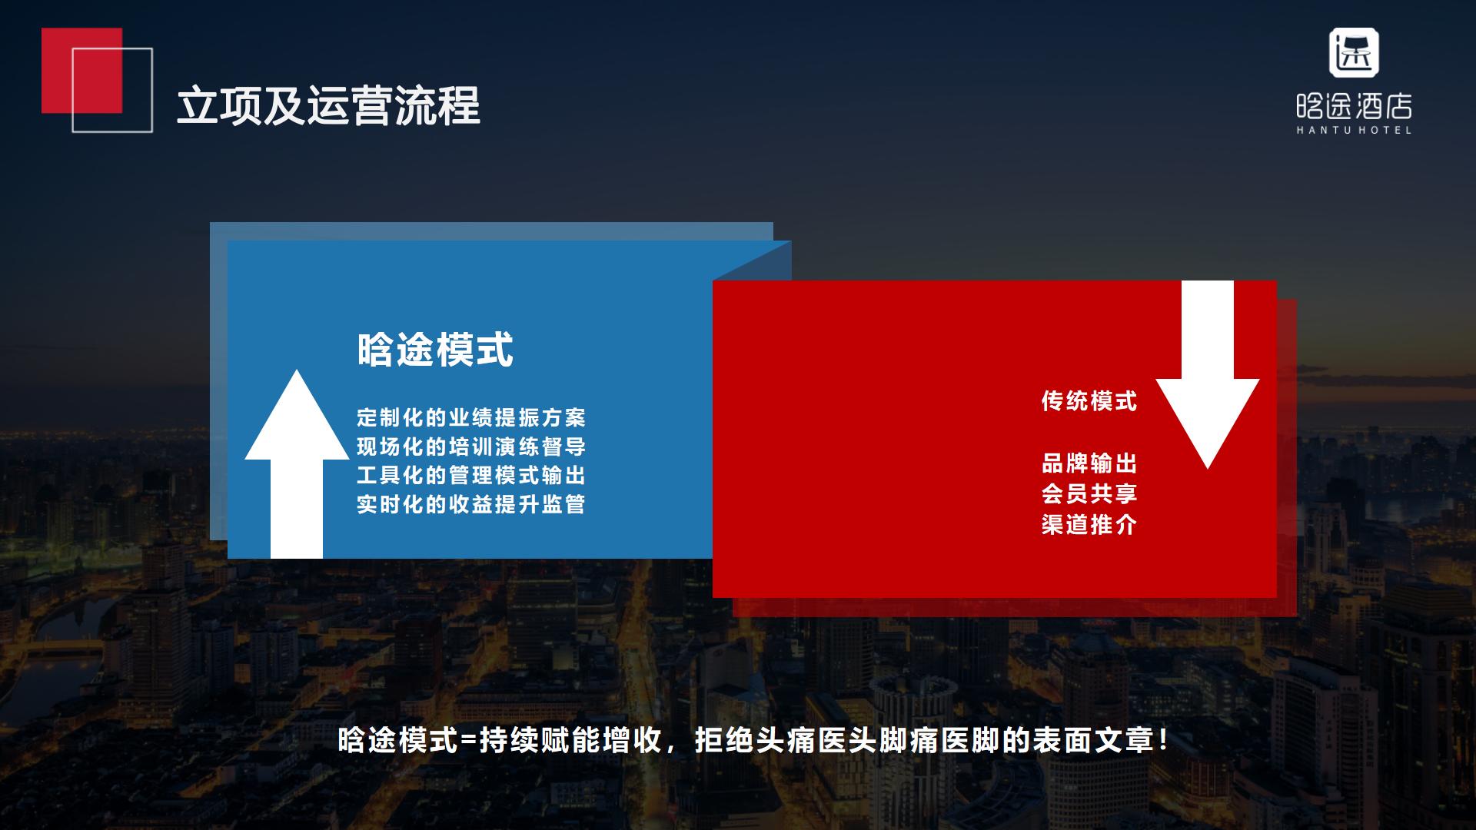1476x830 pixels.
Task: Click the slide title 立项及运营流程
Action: tap(328, 105)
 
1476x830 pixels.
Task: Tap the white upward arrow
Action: tap(297, 463)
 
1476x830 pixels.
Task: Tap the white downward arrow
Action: tap(1207, 374)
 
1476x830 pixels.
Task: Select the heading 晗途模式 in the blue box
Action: tap(435, 350)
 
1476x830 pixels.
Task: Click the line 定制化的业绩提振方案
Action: tap(471, 417)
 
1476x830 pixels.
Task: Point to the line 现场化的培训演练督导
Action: tap(471, 447)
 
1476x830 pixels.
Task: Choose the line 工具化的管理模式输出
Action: tap(471, 475)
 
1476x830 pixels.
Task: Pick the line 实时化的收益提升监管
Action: tap(471, 504)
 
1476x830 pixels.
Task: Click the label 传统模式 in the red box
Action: tap(1089, 401)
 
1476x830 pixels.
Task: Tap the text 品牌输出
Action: tap(1089, 463)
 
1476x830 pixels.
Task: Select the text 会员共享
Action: tap(1089, 493)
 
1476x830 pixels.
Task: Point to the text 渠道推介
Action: tap(1089, 525)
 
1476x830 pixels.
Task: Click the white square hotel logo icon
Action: tap(1354, 53)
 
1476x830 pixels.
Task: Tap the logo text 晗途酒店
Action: tap(1354, 106)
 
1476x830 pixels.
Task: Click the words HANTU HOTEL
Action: tap(1354, 130)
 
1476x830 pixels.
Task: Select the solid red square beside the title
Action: tap(81, 71)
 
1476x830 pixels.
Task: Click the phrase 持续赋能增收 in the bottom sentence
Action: tap(570, 741)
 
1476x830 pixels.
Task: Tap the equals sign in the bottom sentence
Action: tap(468, 742)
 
